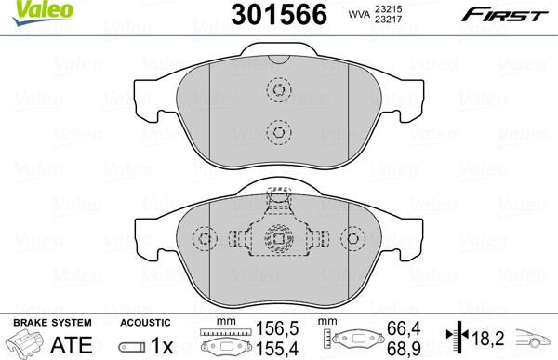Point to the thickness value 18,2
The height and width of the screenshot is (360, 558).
(x=489, y=337)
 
